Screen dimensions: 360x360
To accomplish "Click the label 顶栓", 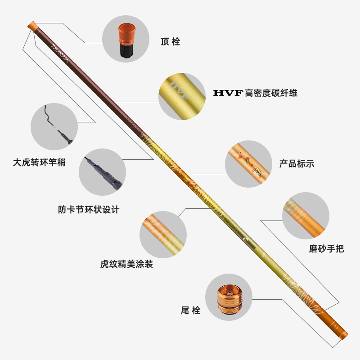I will [x=170, y=42].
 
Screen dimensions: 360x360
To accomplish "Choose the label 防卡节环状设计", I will [x=89, y=210].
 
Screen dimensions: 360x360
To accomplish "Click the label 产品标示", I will [x=297, y=164].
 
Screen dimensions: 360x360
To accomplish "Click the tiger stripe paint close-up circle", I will [x=163, y=234].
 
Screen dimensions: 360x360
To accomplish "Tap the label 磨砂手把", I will [x=326, y=248].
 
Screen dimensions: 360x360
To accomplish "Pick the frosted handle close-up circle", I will [x=306, y=216].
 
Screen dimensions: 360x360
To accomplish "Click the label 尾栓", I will [x=190, y=310].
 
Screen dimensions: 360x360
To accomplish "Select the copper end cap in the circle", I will [x=228, y=298].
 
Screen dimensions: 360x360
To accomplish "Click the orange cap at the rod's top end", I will [x=31, y=25].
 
